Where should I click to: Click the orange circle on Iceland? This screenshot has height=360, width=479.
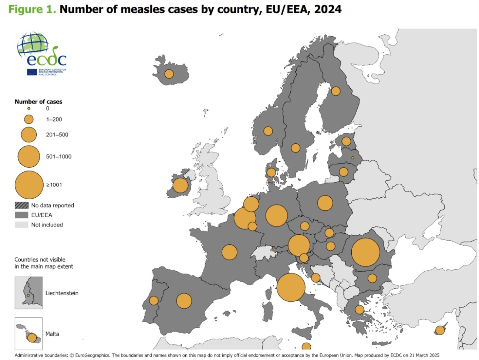[x=169, y=74]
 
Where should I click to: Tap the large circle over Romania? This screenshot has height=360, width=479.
[x=365, y=252]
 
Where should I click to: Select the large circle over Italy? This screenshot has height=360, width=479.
[x=291, y=287]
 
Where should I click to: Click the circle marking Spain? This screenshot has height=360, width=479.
[x=184, y=301]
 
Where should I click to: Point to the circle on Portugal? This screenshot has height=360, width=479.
[x=154, y=300]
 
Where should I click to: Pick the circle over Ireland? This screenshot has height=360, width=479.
[x=180, y=186]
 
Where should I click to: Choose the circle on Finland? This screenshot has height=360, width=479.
[x=335, y=91]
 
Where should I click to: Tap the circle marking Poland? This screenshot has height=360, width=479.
[x=325, y=203]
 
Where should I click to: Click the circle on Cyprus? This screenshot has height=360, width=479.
[x=440, y=330]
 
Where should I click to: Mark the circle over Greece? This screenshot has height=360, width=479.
[x=359, y=310]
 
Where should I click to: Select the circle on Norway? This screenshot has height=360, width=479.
[x=268, y=131]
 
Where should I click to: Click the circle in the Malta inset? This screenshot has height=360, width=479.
[x=32, y=337]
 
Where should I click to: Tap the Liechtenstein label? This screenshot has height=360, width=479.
[x=62, y=293]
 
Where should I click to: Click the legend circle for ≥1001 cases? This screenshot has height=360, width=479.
[x=29, y=185]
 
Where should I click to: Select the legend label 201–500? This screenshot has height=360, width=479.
[x=57, y=135]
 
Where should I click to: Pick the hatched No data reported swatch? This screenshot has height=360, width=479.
[x=21, y=206]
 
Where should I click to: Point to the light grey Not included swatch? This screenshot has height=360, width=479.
[x=21, y=225]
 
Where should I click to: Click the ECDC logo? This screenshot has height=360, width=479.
[x=42, y=54]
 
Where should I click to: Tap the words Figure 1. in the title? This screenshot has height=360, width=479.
[x=32, y=9]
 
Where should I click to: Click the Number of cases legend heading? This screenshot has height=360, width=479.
[x=38, y=102]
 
